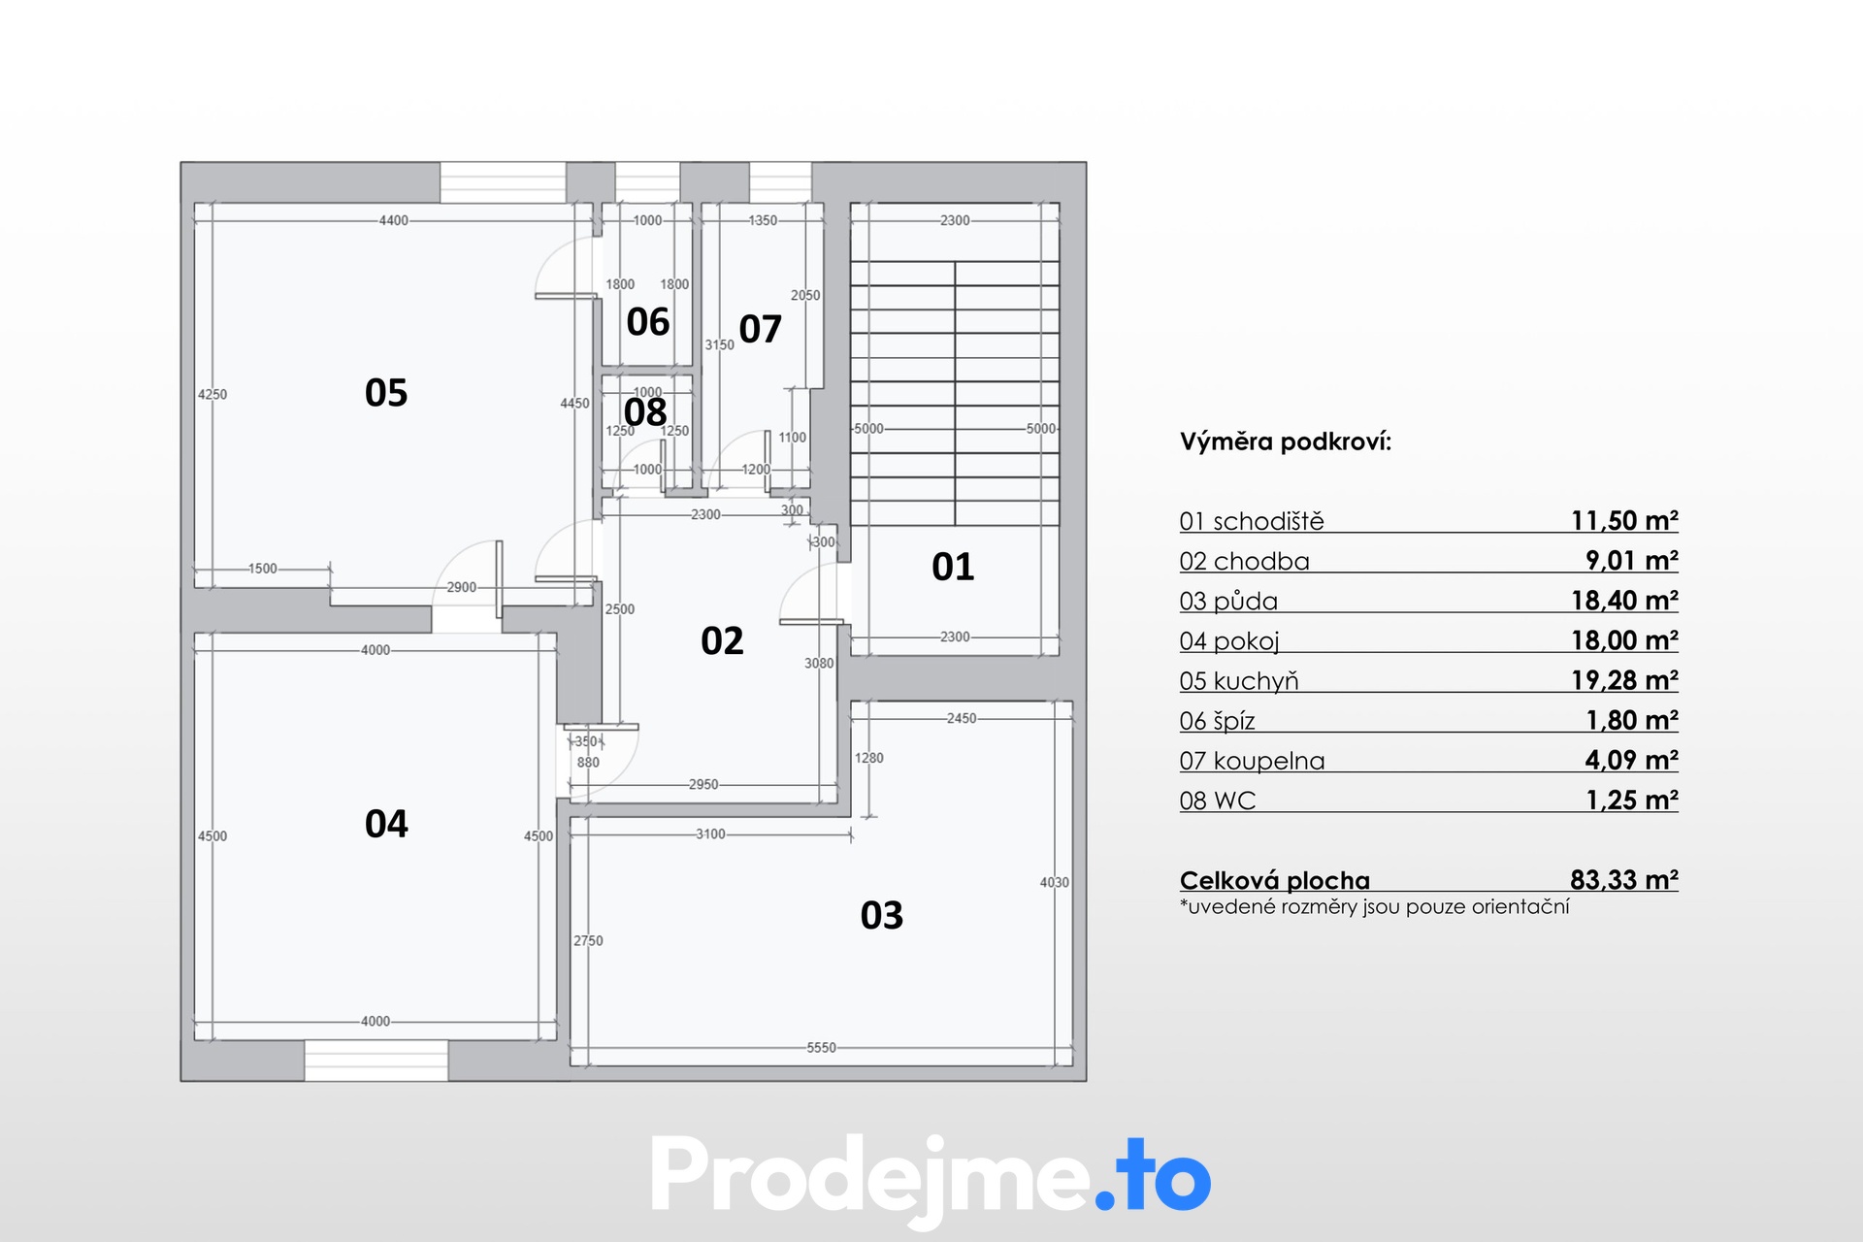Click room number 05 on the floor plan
pos(386,393)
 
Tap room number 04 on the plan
pos(386,824)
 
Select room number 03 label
pos(882,915)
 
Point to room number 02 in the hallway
pos(722,641)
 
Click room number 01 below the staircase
pos(953,567)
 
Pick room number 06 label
pos(648,322)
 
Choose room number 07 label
pos(761,330)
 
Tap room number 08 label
pos(645,412)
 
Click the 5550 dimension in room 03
pos(821,1048)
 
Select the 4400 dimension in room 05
pos(394,220)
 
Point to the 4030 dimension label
pos(1055,882)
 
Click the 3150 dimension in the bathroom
pos(720,344)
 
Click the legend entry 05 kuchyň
pos(1239,681)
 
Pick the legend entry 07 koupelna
pos(1252,761)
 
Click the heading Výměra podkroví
pos(1286,442)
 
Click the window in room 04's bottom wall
pos(376,1061)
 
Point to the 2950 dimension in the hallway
pos(703,784)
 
